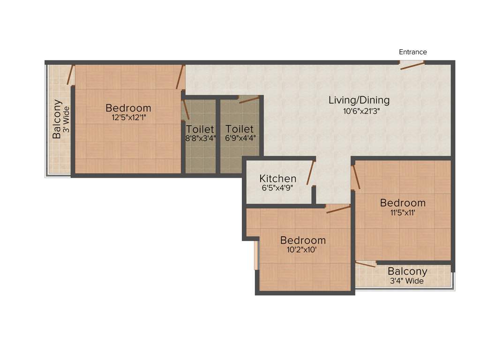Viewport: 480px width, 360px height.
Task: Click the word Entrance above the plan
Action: pos(412,52)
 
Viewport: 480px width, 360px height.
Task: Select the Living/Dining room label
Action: pos(359,100)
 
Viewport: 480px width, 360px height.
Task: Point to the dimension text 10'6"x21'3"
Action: pos(361,111)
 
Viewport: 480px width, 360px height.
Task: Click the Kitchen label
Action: pos(278,179)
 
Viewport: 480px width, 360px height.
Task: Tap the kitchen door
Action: pos(310,172)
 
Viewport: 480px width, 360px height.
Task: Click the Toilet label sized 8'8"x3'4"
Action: pos(200,129)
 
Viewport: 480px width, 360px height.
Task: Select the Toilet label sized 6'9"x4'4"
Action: pos(239,129)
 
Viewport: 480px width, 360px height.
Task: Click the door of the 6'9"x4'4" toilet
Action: pos(248,99)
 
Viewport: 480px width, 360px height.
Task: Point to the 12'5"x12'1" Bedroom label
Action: pos(128,108)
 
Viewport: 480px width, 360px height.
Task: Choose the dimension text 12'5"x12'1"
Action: pos(128,118)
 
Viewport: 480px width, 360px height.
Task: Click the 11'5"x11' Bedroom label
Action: pos(403,203)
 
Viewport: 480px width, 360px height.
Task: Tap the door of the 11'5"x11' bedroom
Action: pos(356,176)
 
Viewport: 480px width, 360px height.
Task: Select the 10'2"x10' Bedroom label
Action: pos(303,240)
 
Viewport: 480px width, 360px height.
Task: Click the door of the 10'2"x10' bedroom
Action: pos(338,209)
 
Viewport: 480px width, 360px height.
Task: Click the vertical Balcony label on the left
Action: pos(57,119)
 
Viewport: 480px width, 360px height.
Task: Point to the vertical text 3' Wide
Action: pos(67,119)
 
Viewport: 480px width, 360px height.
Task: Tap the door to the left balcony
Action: pos(71,75)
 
